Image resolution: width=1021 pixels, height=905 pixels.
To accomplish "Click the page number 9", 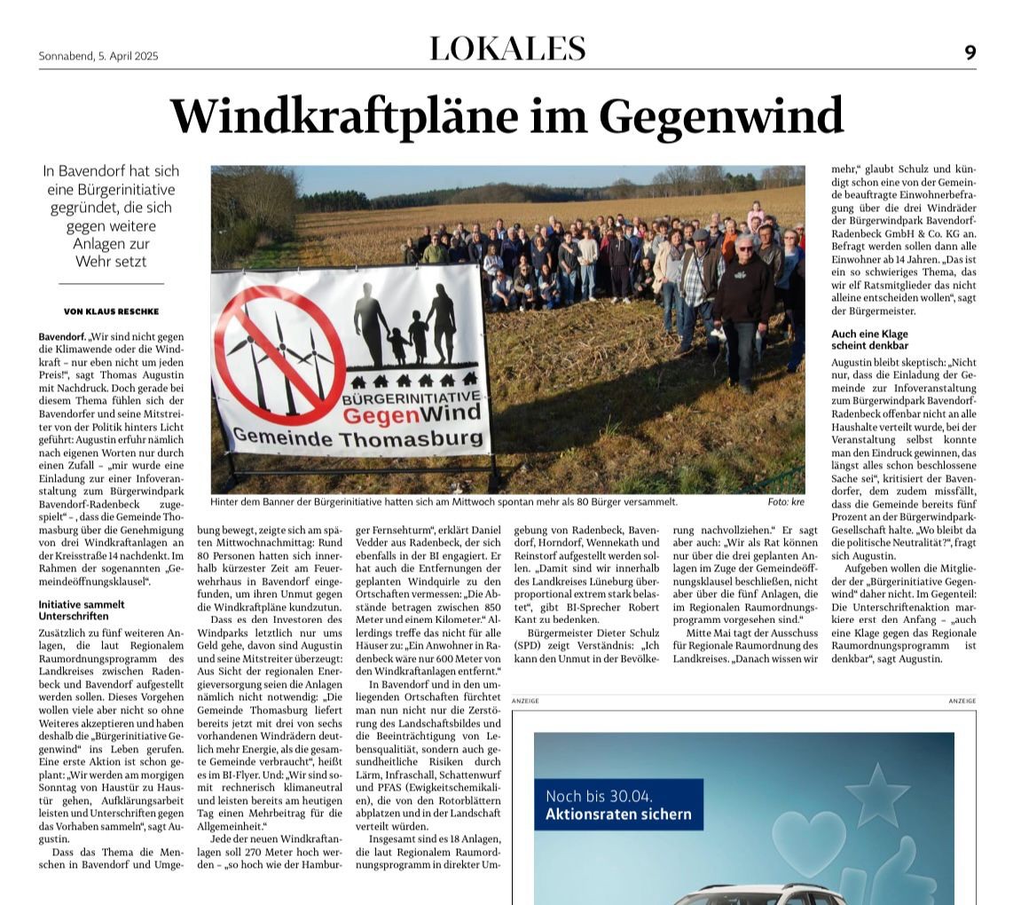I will click(x=970, y=52).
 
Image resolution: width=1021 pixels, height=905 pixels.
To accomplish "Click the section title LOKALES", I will click(x=507, y=49).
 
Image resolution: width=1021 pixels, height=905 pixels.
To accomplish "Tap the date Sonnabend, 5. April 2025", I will click(x=98, y=56).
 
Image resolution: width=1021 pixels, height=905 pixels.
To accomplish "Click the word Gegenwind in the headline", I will click(x=720, y=116).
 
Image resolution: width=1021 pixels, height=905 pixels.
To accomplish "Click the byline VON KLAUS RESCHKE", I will click(x=111, y=311).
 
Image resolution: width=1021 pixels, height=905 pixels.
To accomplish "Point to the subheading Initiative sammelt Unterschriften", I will click(x=82, y=610).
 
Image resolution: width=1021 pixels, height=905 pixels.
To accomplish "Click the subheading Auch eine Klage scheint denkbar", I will click(x=869, y=339).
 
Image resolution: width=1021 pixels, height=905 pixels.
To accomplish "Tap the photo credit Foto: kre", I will click(x=786, y=502).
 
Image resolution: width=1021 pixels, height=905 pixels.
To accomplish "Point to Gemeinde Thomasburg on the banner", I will click(x=345, y=438).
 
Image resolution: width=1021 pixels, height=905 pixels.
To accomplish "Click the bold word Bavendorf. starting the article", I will click(x=61, y=337).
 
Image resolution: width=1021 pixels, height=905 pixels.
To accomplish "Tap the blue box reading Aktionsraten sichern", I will click(x=618, y=805).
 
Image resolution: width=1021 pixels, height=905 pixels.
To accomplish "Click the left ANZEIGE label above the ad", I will click(x=525, y=701).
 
